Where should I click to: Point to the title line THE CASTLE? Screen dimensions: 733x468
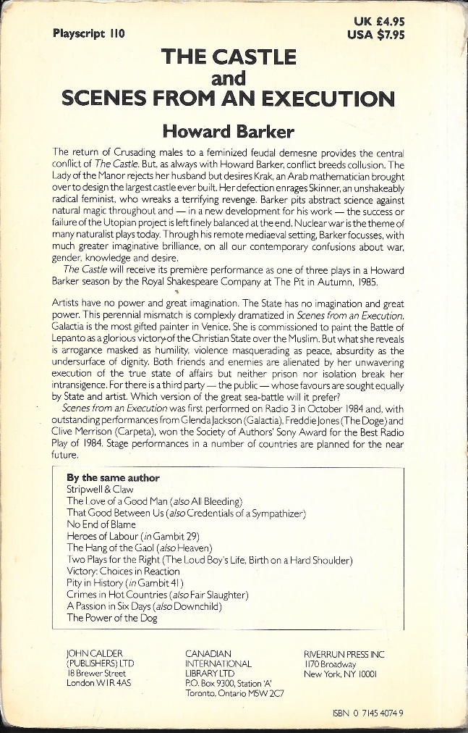[x=228, y=58]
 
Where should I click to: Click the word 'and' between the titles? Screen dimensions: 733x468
[x=228, y=78]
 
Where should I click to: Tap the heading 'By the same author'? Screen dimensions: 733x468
[x=113, y=478]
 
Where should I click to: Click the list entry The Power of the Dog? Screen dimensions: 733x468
[x=111, y=618]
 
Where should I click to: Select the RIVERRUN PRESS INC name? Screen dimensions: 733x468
[x=344, y=653]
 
